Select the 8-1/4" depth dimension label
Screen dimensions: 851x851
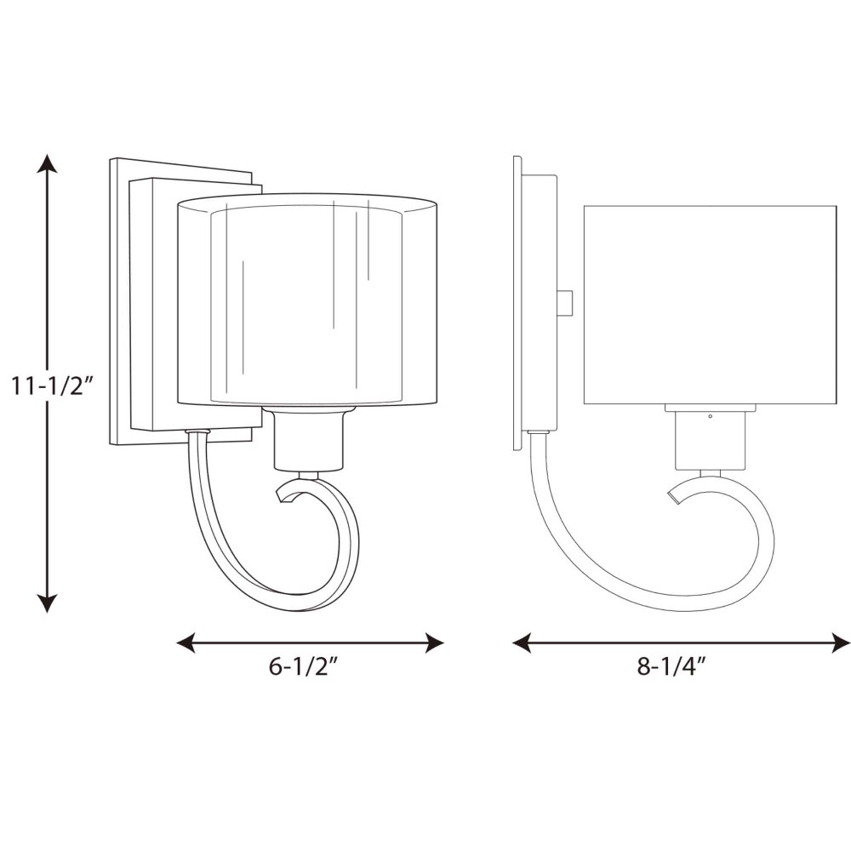[x=674, y=666]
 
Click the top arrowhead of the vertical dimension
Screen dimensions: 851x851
[x=47, y=163]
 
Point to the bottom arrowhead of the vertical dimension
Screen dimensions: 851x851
[x=47, y=603]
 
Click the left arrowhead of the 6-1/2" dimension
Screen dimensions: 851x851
[x=186, y=643]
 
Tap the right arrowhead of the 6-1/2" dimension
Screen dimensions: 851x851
[x=435, y=643]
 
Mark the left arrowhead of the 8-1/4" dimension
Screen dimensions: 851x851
[x=522, y=643]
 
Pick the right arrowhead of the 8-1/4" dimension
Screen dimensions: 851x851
[x=841, y=643]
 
